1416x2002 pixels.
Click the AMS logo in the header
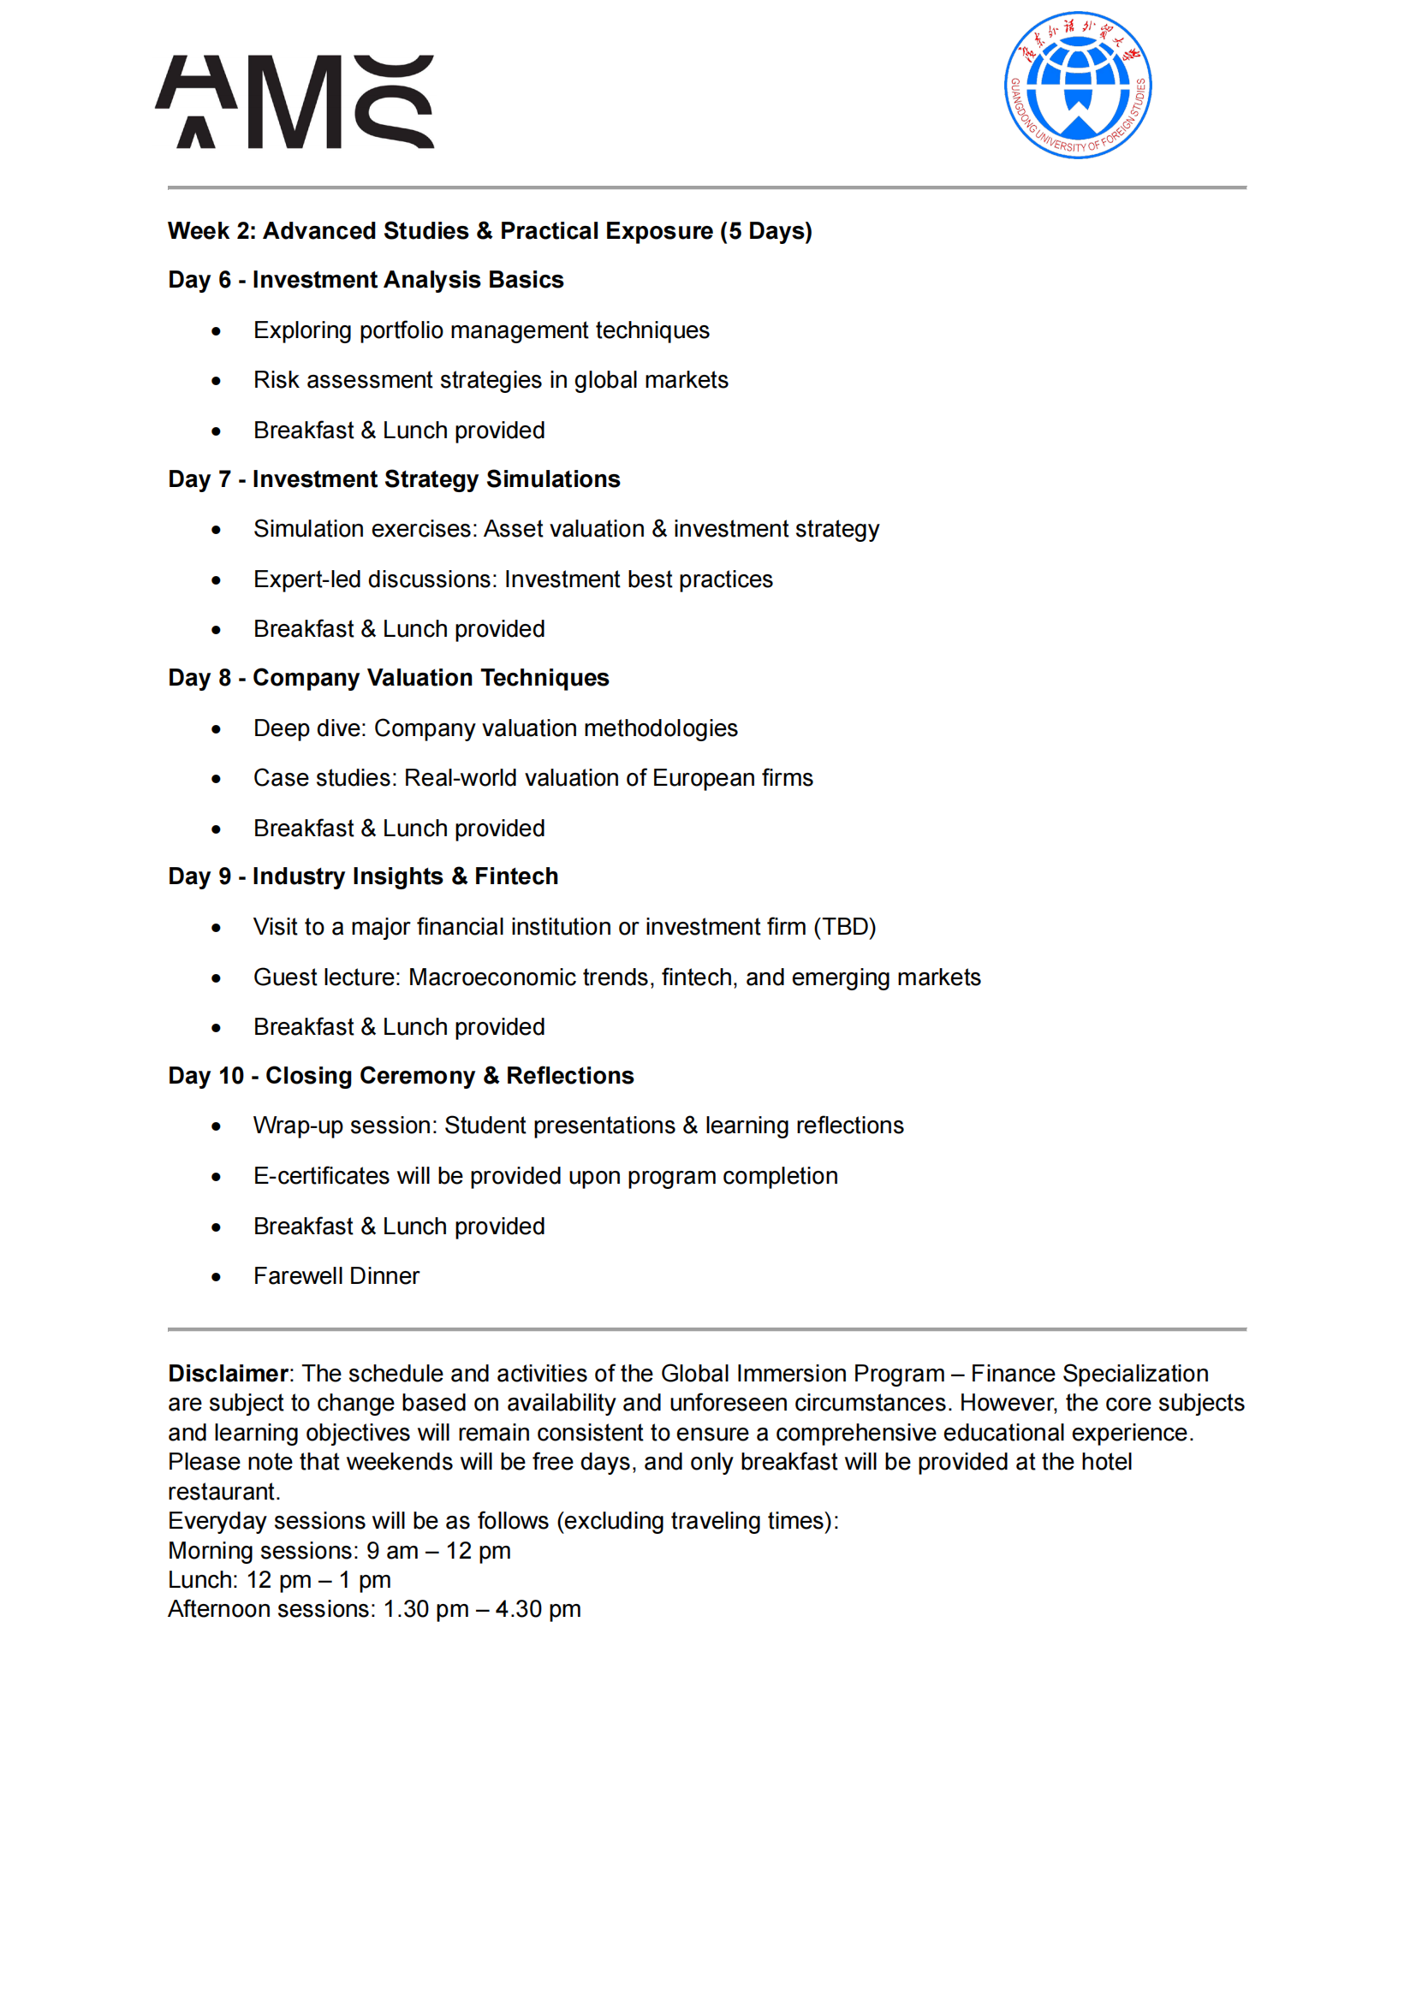tap(295, 102)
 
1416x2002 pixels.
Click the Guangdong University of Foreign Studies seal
tap(1078, 86)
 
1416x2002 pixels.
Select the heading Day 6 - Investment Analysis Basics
tap(366, 280)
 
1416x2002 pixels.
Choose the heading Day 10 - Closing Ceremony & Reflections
tap(400, 1076)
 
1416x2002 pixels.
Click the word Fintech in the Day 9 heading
tap(516, 876)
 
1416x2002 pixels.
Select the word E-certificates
tap(321, 1176)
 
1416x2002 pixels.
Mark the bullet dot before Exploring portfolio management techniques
tap(217, 331)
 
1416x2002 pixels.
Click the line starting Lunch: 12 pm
tap(279, 1580)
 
